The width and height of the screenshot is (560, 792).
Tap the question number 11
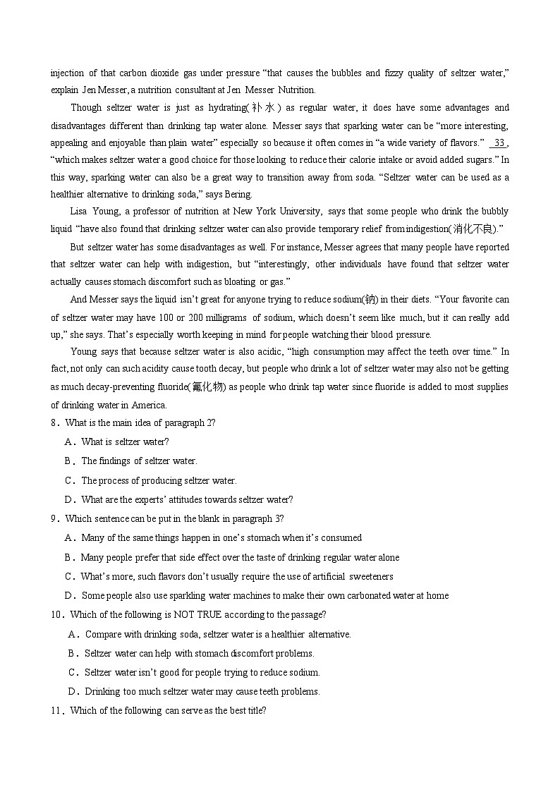point(56,710)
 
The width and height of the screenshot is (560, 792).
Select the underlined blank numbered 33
point(499,143)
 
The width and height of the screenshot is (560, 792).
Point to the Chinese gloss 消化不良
point(473,229)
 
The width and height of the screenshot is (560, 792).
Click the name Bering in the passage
point(238,195)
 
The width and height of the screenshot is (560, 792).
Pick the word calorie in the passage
point(358,161)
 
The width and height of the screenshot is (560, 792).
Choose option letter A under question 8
point(69,442)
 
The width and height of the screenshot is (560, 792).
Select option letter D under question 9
point(69,596)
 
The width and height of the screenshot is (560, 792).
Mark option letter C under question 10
point(73,673)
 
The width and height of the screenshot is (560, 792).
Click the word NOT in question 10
point(183,615)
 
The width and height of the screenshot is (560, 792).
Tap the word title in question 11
point(252,710)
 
